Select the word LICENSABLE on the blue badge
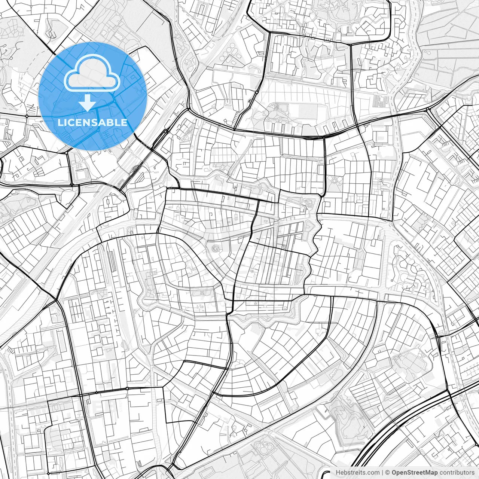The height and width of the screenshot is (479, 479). pyautogui.click(x=92, y=122)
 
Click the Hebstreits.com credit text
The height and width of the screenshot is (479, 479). pyautogui.click(x=358, y=473)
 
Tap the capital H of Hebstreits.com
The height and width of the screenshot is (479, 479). pyautogui.click(x=338, y=473)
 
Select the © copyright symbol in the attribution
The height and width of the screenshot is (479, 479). pyautogui.click(x=388, y=473)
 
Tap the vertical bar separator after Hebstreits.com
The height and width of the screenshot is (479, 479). pyautogui.click(x=383, y=473)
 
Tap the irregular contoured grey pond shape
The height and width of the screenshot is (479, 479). pyautogui.click(x=344, y=415)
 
